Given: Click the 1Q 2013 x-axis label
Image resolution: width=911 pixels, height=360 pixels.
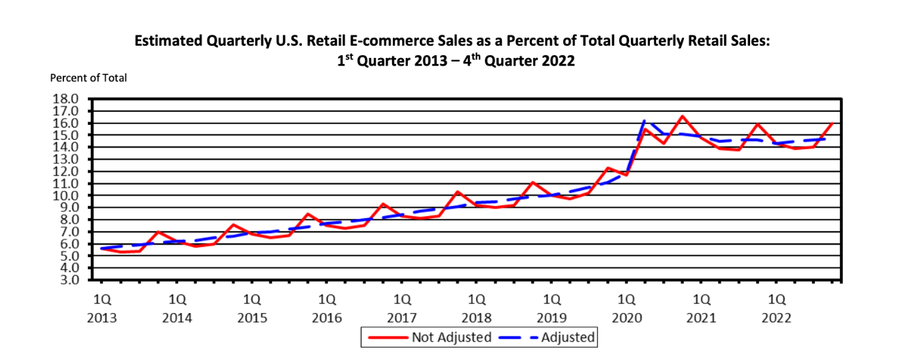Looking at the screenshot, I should (x=102, y=308).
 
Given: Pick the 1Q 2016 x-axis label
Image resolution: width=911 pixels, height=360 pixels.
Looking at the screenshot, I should (x=326, y=308).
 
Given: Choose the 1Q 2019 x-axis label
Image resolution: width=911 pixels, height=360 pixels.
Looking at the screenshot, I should (x=551, y=308).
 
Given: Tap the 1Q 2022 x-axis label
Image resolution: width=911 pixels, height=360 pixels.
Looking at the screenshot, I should (x=776, y=308).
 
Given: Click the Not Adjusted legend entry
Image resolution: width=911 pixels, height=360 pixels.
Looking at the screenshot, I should (x=451, y=337).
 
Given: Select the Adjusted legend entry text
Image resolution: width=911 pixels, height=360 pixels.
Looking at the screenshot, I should (x=568, y=337).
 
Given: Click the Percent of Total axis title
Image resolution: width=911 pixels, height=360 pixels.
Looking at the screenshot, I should (x=89, y=78).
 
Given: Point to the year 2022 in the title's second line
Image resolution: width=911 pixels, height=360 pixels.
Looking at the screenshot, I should (x=558, y=61).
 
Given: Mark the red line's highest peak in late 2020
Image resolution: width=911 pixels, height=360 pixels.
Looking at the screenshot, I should (x=682, y=116).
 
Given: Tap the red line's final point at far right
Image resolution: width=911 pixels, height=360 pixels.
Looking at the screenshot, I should (x=832, y=123).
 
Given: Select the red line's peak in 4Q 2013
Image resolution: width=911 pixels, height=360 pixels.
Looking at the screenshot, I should (x=158, y=232).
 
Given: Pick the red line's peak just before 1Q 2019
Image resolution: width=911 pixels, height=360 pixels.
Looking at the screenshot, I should (x=533, y=182).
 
